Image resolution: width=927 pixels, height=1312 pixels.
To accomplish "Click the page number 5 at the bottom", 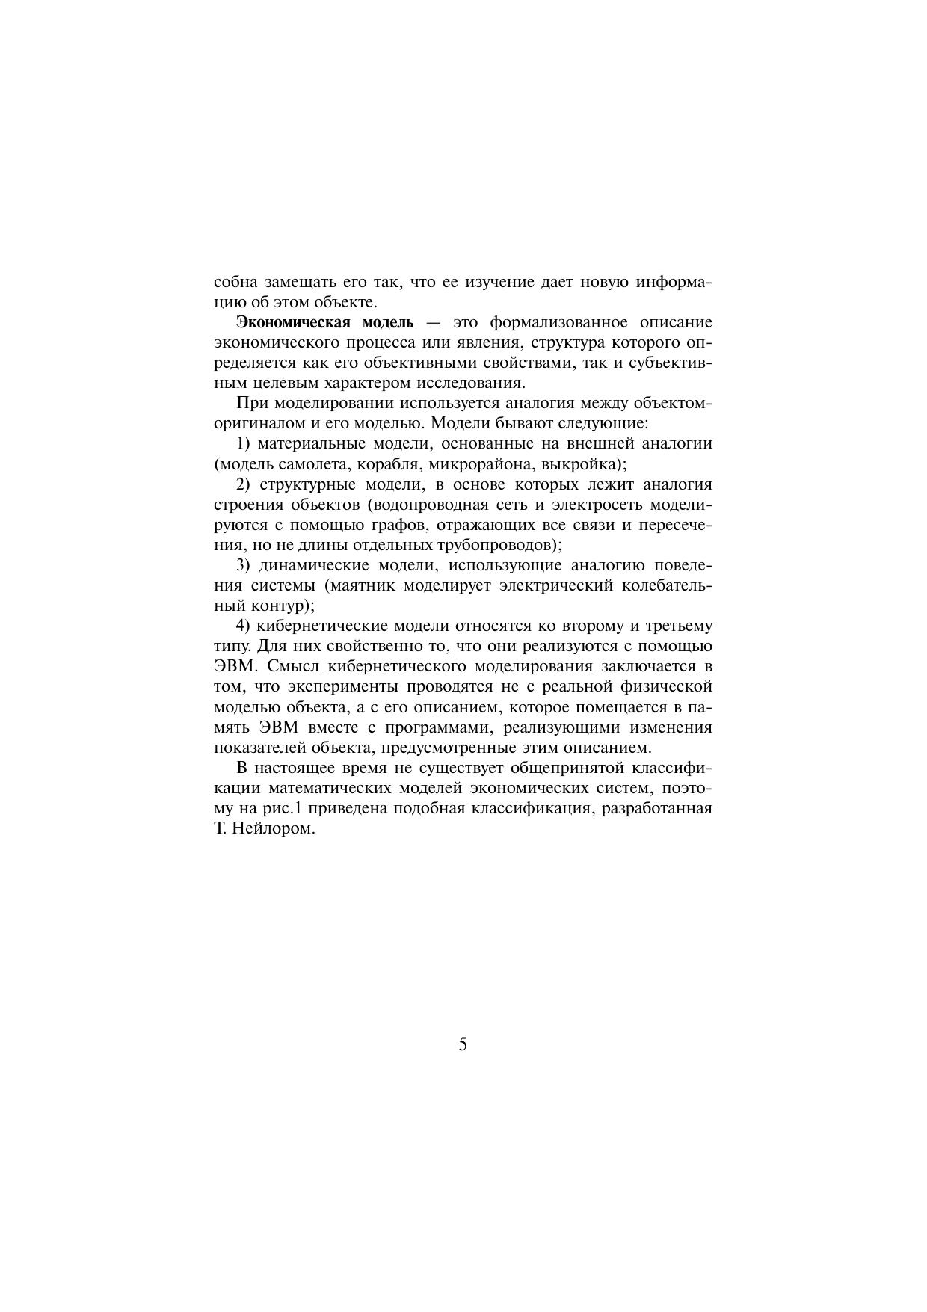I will pos(463,1044).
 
